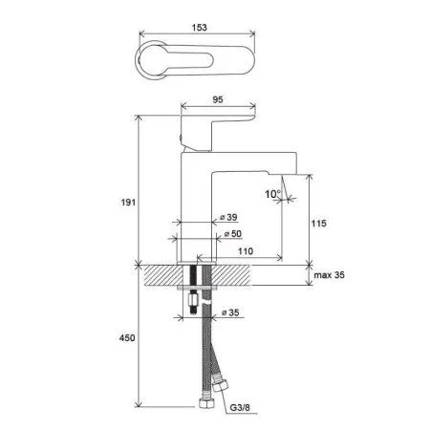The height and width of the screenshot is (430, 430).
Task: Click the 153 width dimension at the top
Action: click(200, 28)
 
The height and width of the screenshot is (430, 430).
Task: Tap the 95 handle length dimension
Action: click(218, 99)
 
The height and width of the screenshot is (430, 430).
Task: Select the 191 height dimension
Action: click(128, 203)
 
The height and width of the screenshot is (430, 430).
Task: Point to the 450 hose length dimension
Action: click(127, 337)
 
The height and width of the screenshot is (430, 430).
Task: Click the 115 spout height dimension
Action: click(319, 224)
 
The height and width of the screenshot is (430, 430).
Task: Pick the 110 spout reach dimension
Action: click(246, 251)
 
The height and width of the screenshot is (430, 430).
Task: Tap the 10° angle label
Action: click(273, 194)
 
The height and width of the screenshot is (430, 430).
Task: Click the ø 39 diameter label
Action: click(228, 217)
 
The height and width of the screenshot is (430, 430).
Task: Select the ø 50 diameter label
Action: click(233, 234)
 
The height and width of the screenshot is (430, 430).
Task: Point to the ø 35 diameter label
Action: click(230, 312)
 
